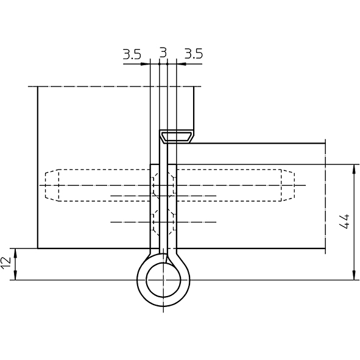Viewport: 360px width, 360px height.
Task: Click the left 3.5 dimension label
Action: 132,54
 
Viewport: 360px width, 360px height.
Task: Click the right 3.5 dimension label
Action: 194,54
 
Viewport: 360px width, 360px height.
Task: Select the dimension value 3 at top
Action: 163,52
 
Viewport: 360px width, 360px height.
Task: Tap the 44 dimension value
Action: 344,222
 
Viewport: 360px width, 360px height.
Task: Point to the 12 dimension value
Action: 6,263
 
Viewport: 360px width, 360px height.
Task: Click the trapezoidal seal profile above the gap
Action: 177,137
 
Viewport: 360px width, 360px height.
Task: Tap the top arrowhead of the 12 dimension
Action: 15,253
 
